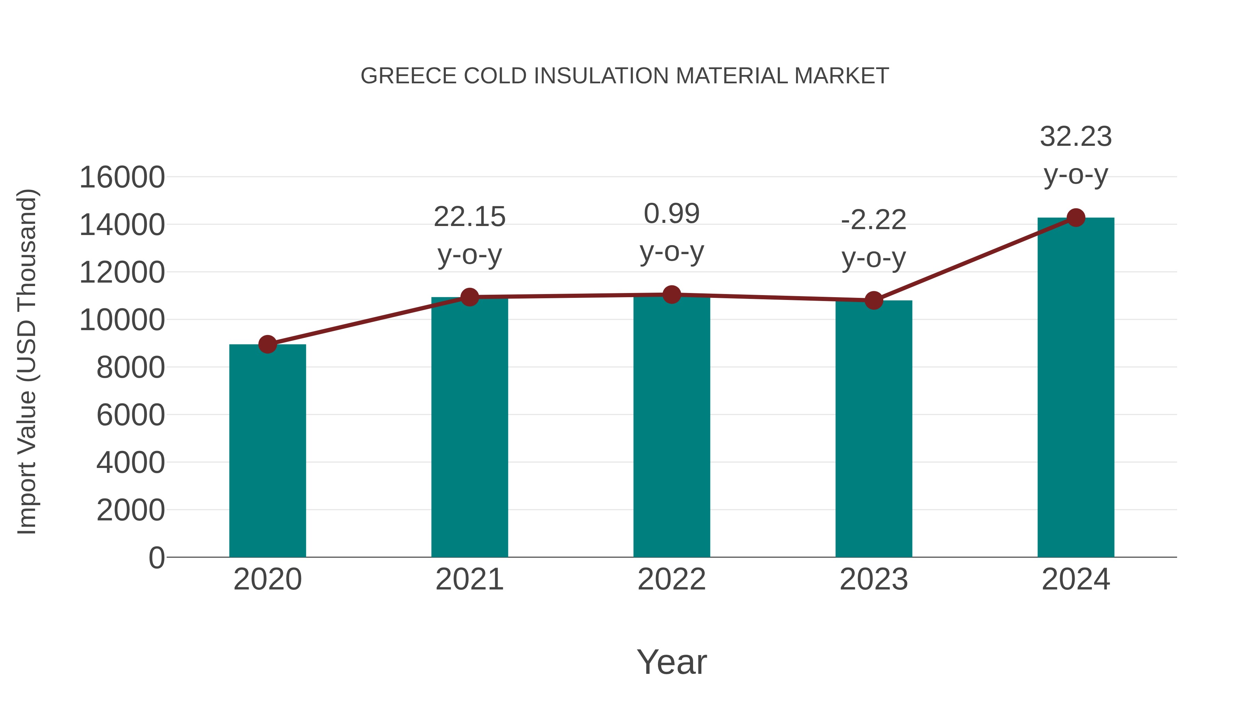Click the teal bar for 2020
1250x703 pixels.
[x=267, y=451]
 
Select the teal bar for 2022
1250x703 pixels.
[x=672, y=427]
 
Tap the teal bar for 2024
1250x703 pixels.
[x=1076, y=388]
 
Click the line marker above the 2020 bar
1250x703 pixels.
[x=267, y=344]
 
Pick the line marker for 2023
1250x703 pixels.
[x=874, y=300]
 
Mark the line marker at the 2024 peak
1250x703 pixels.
[x=1076, y=218]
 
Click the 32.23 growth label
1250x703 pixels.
[x=1076, y=137]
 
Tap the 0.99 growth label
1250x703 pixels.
[x=672, y=214]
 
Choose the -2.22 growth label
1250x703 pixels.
[x=874, y=220]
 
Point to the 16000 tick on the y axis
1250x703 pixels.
[x=122, y=177]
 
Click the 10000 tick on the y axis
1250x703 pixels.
[x=122, y=320]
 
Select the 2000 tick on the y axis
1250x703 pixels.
[x=131, y=510]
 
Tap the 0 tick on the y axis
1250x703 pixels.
[x=157, y=558]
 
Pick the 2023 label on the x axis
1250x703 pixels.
[x=874, y=580]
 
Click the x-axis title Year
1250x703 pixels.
[x=672, y=662]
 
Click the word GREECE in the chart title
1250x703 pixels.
[x=409, y=76]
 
